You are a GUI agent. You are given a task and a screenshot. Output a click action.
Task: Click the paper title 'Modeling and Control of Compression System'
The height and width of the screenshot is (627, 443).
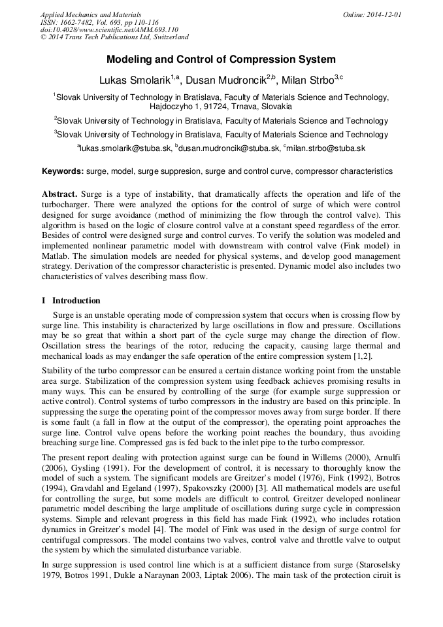221,59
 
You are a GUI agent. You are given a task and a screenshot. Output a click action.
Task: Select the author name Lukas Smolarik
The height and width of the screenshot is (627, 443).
135,81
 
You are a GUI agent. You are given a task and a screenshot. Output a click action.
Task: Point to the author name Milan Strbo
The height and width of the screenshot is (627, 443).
308,81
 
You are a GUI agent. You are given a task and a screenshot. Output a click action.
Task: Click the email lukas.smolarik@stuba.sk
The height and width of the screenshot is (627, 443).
125,149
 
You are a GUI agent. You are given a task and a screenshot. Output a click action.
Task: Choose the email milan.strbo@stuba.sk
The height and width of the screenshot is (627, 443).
325,149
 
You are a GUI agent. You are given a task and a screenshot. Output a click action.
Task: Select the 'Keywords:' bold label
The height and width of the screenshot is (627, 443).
63,172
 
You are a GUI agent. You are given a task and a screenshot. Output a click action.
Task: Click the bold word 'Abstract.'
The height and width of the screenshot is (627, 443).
59,195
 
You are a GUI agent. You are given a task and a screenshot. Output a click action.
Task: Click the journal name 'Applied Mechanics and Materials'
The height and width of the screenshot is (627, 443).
91,14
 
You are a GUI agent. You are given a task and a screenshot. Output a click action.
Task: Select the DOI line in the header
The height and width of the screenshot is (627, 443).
109,30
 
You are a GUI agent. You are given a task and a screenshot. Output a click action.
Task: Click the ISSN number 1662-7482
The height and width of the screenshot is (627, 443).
75,22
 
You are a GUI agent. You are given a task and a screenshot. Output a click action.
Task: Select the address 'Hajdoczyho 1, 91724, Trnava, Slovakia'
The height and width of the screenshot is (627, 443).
221,107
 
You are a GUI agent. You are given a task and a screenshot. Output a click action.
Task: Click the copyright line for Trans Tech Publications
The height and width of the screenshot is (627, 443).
114,38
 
